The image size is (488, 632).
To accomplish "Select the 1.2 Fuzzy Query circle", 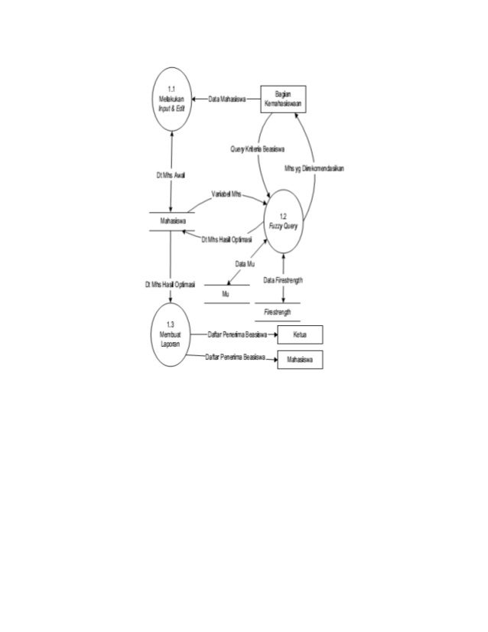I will [285, 221].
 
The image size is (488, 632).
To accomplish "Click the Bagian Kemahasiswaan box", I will [283, 99].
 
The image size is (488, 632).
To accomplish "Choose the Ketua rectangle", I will [299, 334].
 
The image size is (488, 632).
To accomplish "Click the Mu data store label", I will [225, 294].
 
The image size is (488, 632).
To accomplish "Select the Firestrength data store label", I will [277, 312].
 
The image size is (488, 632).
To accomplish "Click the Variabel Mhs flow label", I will [226, 195].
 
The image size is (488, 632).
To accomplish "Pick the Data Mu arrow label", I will [245, 263].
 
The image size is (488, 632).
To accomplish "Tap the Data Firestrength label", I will [283, 281].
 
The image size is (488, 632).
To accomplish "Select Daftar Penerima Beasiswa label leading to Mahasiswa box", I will [234, 358].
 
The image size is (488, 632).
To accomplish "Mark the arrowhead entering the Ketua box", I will [272, 334].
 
